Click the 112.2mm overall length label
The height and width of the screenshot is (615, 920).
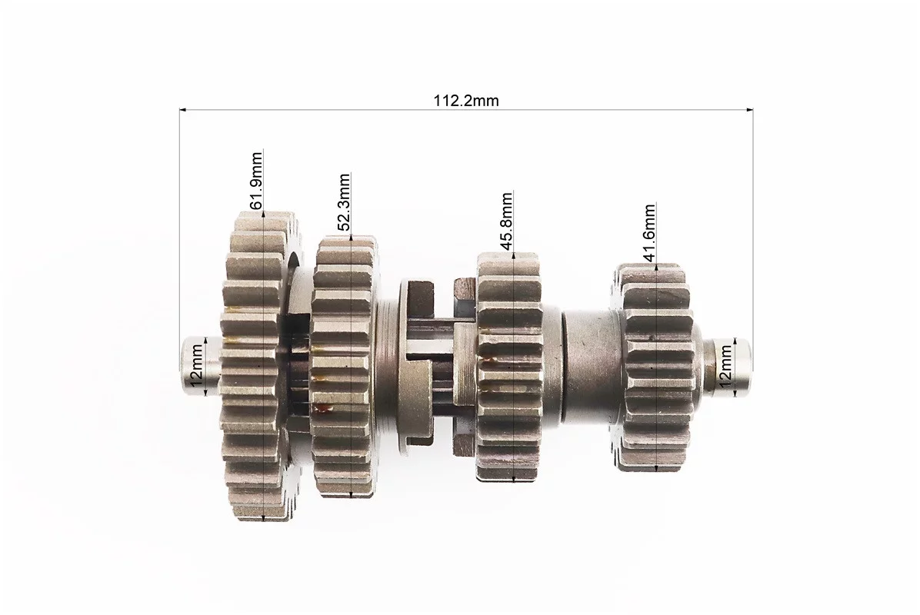(x=466, y=101)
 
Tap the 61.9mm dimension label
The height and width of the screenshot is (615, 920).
(x=256, y=181)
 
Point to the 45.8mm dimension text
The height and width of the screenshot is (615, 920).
(x=506, y=221)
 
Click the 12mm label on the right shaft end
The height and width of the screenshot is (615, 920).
(x=726, y=366)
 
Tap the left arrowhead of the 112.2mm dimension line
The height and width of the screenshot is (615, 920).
(x=182, y=110)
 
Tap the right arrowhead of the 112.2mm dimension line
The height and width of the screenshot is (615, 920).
(x=749, y=110)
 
